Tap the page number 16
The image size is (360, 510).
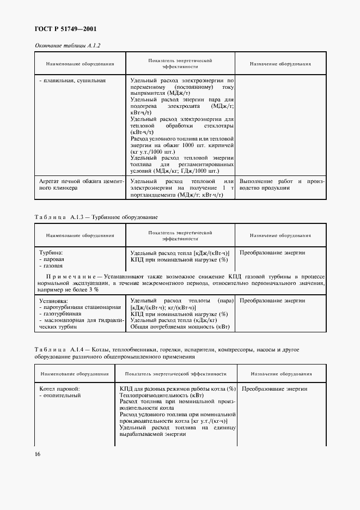pos(38,454)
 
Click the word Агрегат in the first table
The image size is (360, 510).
pos(52,181)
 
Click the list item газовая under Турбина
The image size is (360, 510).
pos(53,266)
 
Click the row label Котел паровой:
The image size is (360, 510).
pos(60,389)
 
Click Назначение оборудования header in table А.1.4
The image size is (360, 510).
pos(281,374)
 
